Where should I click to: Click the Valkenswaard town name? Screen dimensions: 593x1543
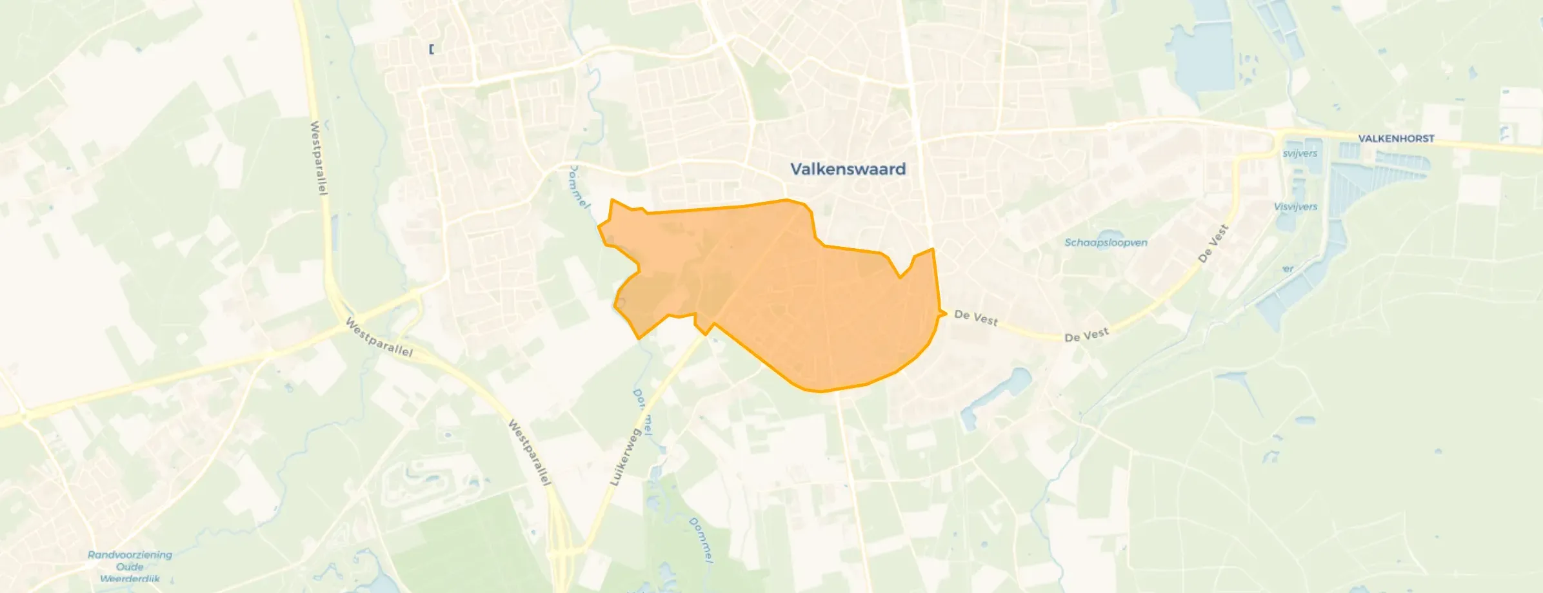(848, 169)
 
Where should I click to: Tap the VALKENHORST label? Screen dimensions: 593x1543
(1396, 139)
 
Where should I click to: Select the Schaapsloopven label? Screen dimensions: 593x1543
(1106, 242)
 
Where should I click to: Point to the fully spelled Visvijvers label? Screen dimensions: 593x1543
(1295, 206)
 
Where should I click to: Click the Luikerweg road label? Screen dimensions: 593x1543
(624, 457)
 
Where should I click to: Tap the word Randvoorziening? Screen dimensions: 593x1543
(130, 554)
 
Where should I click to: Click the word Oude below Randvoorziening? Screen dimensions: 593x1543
(130, 567)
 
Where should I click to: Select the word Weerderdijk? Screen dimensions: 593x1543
(130, 578)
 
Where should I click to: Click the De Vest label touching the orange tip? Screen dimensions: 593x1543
(975, 317)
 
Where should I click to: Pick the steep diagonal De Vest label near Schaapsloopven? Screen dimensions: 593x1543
(1213, 244)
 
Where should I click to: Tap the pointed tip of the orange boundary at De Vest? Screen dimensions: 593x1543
(945, 313)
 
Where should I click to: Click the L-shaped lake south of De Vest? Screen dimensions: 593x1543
(993, 393)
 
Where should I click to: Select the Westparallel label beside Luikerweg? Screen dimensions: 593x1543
(529, 452)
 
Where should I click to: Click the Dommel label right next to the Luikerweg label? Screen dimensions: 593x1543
(643, 413)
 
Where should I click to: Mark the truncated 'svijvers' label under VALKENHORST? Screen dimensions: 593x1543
(1299, 153)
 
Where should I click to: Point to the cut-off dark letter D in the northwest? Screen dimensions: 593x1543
(431, 49)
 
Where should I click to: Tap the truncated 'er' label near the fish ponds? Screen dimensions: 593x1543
(1288, 269)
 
